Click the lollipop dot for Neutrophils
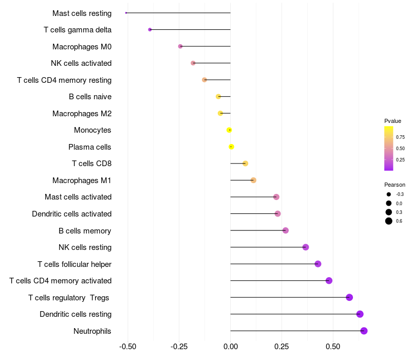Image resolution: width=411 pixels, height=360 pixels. click(364, 331)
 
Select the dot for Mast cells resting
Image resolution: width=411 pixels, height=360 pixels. click(126, 13)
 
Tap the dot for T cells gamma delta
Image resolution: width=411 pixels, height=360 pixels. click(150, 30)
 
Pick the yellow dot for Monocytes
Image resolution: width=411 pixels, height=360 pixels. click(229, 130)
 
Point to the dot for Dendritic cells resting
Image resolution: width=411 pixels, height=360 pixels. click(360, 314)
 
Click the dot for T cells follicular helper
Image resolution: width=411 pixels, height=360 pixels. click(317, 264)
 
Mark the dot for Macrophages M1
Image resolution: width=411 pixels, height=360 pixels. click(253, 180)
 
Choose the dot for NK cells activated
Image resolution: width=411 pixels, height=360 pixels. click(193, 63)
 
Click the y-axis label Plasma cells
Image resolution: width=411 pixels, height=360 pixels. click(89, 147)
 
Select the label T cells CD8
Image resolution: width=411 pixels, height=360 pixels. click(91, 164)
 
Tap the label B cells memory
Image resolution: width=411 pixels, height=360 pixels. click(85, 230)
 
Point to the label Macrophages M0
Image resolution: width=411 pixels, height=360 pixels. click(82, 47)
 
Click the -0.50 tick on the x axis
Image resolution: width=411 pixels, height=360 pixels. click(127, 346)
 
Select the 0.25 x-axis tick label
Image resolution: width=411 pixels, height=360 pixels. click(282, 346)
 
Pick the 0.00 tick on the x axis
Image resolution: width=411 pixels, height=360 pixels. click(230, 346)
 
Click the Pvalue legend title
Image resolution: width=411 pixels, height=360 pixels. click(393, 121)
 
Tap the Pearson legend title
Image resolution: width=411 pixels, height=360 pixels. click(395, 185)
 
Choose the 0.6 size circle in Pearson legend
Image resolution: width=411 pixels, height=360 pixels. click(389, 221)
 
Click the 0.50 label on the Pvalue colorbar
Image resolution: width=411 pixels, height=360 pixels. click(400, 149)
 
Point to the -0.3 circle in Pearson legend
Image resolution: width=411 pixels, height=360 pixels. click(389, 194)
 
